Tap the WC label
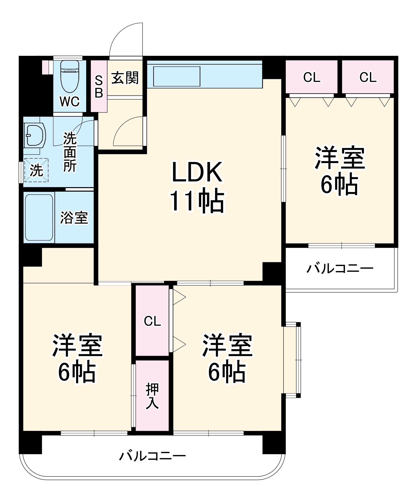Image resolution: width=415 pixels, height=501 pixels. pyautogui.click(x=69, y=101)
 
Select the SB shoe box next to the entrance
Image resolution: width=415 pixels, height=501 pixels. pyautogui.click(x=99, y=87)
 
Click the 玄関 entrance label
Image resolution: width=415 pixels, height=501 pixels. pyautogui.click(x=125, y=78)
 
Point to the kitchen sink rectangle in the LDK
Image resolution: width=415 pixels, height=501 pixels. pyautogui.click(x=177, y=76)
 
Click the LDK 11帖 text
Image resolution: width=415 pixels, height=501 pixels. pyautogui.click(x=197, y=187)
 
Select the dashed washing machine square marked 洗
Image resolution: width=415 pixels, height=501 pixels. pyautogui.click(x=37, y=170)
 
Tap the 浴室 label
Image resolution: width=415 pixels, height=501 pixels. pyautogui.click(x=74, y=218)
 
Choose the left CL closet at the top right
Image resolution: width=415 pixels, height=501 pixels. pyautogui.click(x=312, y=77)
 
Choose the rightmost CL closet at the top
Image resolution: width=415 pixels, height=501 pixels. pyautogui.click(x=368, y=77)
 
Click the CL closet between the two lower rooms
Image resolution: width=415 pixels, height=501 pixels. pyautogui.click(x=152, y=321)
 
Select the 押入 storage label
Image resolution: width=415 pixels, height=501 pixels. pyautogui.click(x=152, y=396)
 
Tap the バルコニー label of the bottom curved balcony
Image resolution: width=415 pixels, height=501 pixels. pyautogui.click(x=152, y=456)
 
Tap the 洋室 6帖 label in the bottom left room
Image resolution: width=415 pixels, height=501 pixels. pyautogui.click(x=77, y=359)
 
